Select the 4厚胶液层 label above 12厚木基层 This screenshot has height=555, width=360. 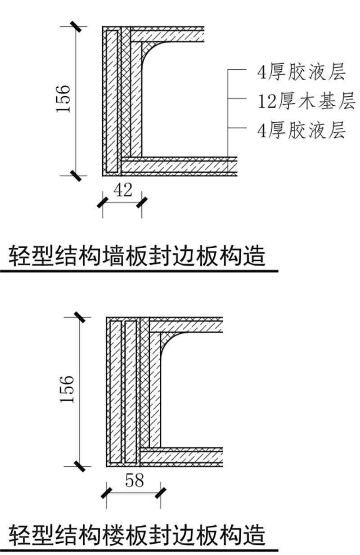point(301,72)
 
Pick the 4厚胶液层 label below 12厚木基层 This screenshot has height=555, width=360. point(301,131)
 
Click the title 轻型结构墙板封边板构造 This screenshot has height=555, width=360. point(137,257)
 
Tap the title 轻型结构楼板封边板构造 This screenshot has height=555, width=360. point(137,535)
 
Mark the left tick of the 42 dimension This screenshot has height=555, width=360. point(103,203)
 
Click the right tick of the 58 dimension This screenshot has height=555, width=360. point(160,493)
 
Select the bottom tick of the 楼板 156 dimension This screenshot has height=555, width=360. point(79,466)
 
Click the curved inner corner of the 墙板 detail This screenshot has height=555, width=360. point(151,52)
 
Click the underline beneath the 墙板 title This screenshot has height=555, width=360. point(139,271)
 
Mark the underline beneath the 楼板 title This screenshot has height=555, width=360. point(139,550)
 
